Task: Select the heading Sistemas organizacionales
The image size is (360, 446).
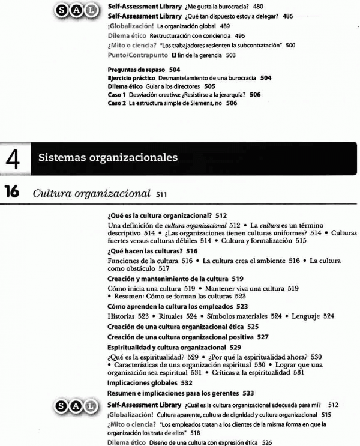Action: coord(109,158)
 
